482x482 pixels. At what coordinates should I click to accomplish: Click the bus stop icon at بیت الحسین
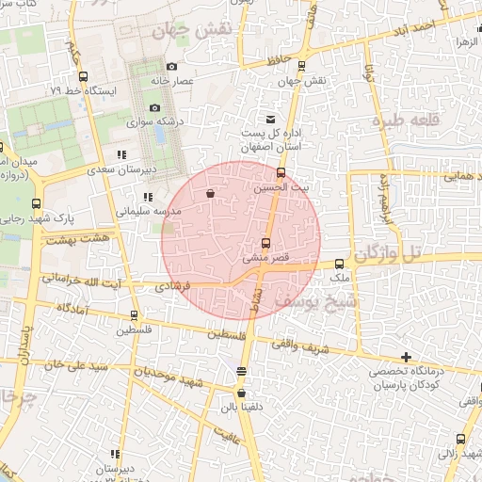[281, 172]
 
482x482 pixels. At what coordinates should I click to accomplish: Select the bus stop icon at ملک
[340, 264]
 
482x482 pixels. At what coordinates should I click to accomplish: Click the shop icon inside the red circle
[209, 193]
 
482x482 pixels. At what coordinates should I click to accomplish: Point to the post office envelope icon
[271, 120]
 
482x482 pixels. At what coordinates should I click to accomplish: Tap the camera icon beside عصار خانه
[171, 66]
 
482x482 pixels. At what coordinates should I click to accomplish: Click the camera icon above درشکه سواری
[154, 106]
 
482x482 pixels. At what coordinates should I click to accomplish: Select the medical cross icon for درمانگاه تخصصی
[406, 357]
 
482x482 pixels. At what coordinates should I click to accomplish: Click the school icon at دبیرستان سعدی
[121, 154]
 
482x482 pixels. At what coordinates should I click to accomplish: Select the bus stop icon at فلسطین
[133, 314]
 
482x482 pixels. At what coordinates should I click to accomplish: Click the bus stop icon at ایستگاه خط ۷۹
[84, 76]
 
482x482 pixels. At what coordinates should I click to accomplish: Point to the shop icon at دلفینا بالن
[242, 394]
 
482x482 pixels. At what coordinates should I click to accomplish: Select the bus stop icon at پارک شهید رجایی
[36, 203]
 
